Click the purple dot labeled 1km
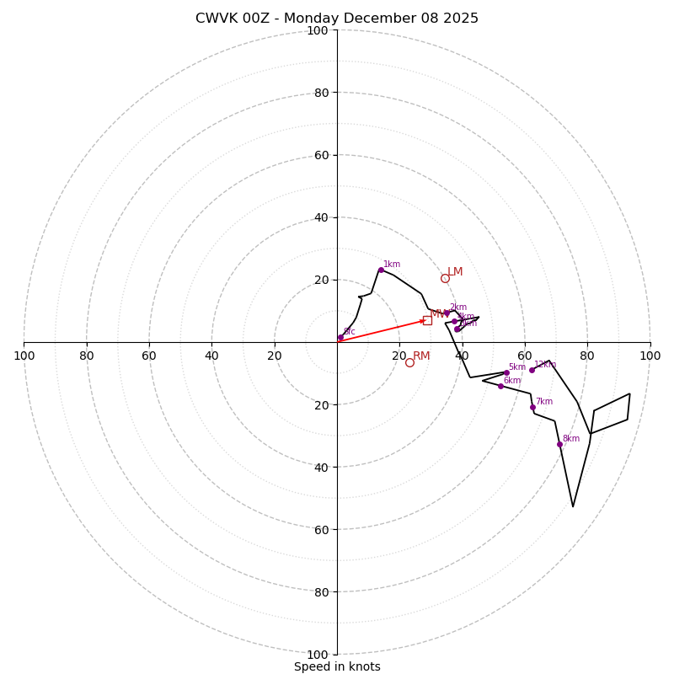click(x=381, y=270)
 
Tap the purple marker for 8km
click(x=559, y=444)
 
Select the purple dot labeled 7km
click(x=532, y=407)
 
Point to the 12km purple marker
click(x=532, y=370)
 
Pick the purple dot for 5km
click(x=506, y=372)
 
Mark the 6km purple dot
click(x=500, y=386)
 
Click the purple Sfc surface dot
click(x=340, y=338)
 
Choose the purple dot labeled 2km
click(x=447, y=313)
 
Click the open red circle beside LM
click(x=445, y=278)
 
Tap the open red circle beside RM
click(x=409, y=362)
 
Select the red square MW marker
click(x=427, y=320)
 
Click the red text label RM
click(x=421, y=356)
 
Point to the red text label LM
click(x=455, y=272)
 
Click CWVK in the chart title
click(x=215, y=19)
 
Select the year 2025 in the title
click(x=460, y=19)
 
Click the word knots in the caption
click(x=364, y=667)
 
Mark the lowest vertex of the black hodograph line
click(x=573, y=506)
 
